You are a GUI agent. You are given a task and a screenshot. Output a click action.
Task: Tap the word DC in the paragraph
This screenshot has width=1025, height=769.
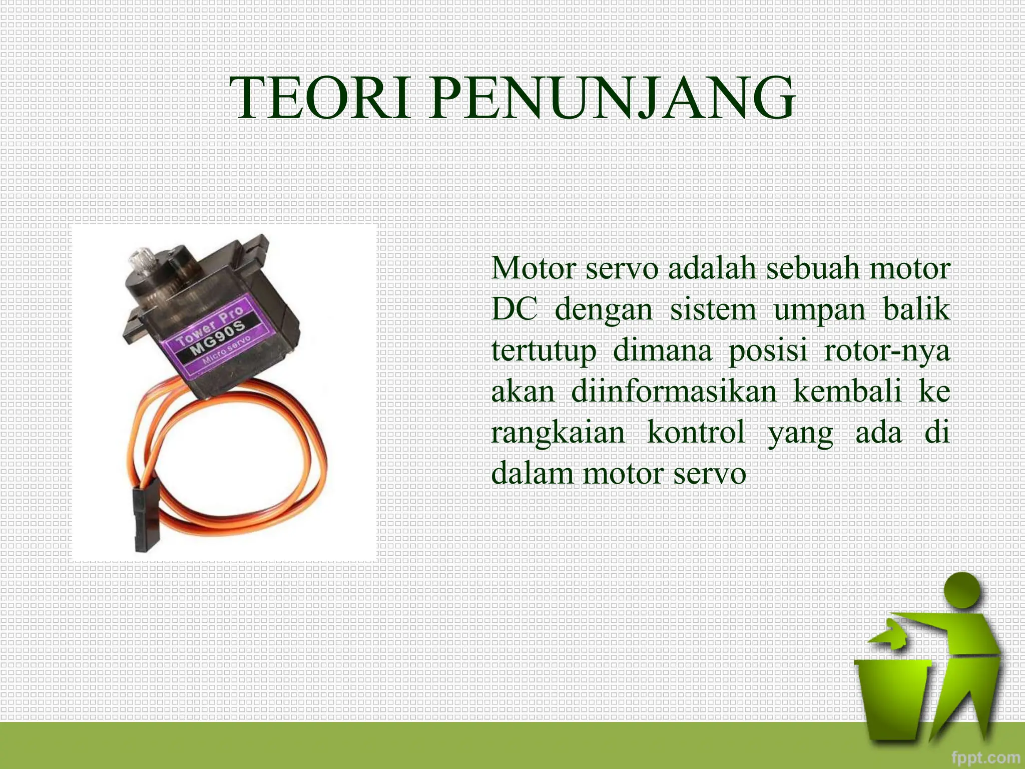pos(515,309)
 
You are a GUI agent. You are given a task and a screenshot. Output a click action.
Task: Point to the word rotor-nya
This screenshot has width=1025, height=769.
pos(886,350)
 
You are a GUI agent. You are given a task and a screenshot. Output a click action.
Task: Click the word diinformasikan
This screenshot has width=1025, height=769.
pos(673,391)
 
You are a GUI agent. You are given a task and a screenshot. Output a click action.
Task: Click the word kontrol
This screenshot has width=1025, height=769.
pos(696,432)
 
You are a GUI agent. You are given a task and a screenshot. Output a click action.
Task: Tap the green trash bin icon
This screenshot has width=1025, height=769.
pos(892,701)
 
